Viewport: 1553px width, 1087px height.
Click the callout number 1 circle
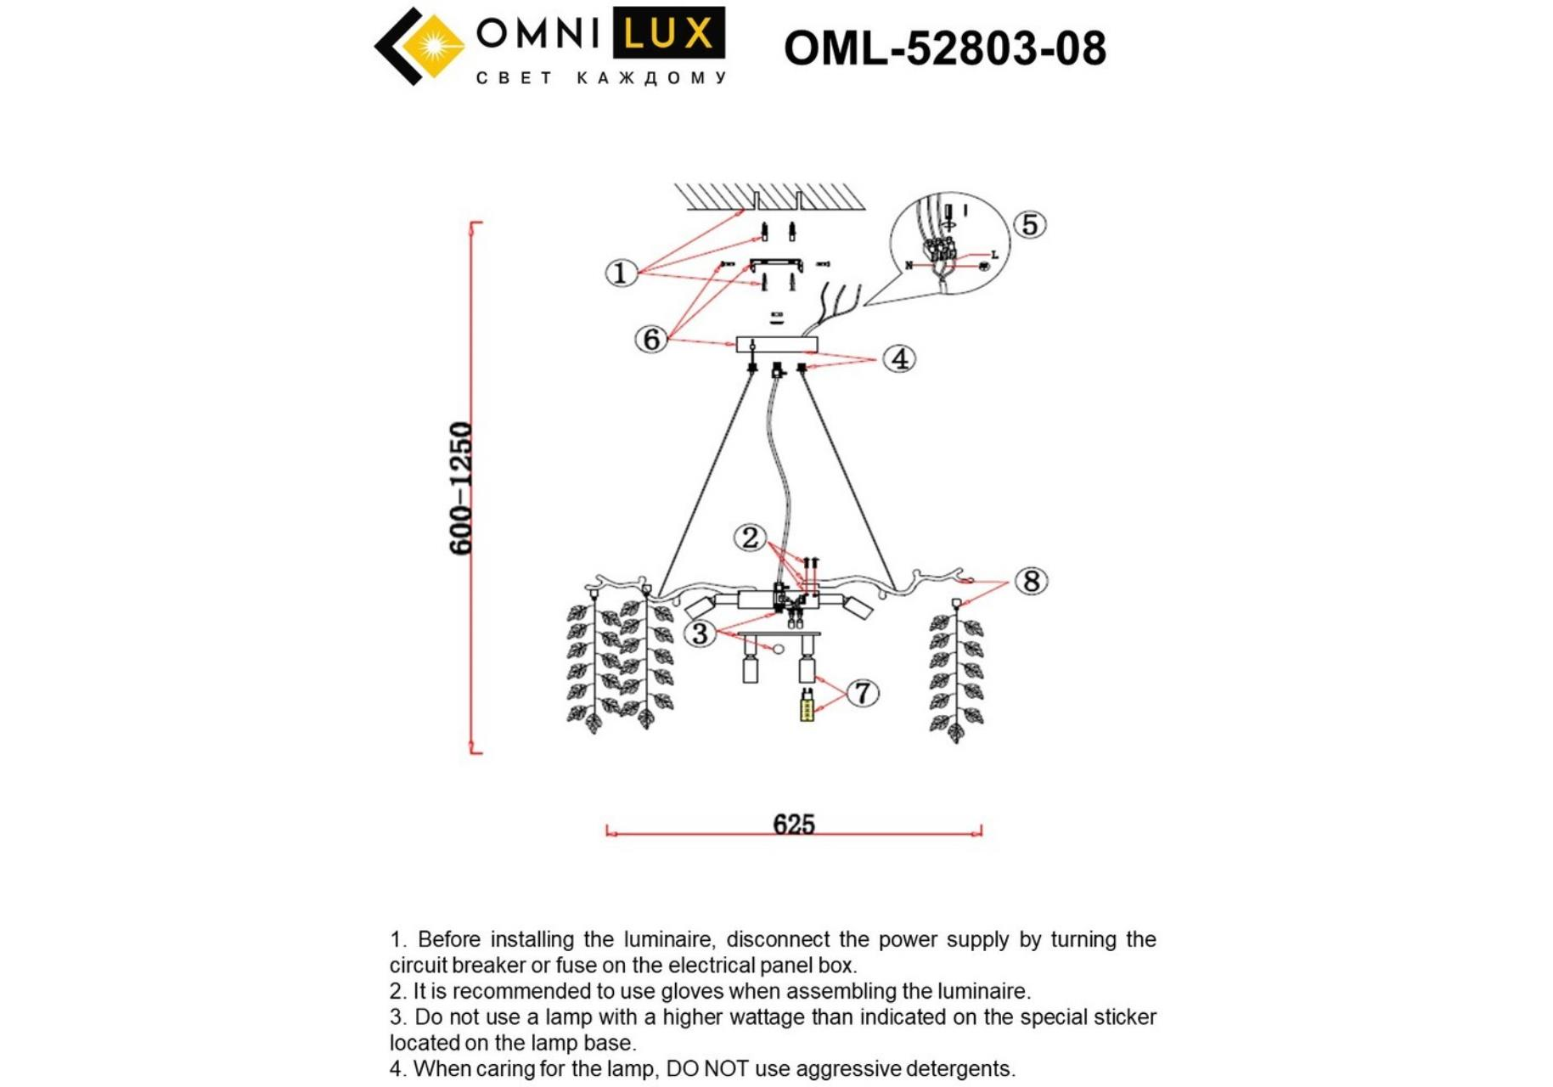tap(621, 273)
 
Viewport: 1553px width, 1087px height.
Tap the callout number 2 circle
tap(750, 538)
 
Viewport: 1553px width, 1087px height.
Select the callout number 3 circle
tap(700, 633)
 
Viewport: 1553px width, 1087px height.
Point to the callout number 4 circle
tap(899, 358)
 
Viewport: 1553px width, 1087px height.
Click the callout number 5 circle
tap(1029, 225)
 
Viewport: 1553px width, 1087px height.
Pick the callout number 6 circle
tap(651, 339)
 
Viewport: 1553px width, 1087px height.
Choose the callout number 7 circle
tap(863, 693)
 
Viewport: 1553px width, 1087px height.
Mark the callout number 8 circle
tap(1031, 582)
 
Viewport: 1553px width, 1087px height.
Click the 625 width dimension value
tap(793, 824)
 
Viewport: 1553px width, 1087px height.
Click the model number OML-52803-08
tap(944, 48)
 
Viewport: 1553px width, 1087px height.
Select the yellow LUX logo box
tap(668, 34)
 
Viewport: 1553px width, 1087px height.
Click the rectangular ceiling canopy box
tap(776, 344)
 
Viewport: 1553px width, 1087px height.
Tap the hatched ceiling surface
tap(769, 196)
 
